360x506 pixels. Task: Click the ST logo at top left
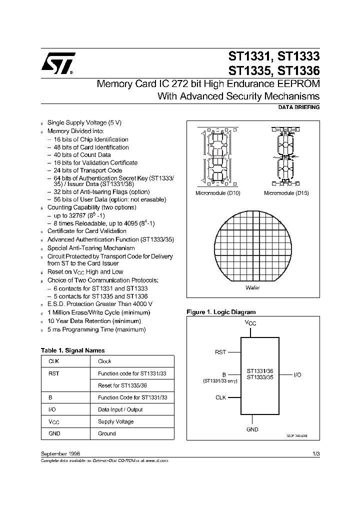point(58,63)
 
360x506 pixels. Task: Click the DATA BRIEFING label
point(298,107)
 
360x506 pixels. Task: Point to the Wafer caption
point(252,288)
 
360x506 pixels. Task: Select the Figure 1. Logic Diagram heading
point(221,312)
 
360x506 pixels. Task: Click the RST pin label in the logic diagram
point(220,352)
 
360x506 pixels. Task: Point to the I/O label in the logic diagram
point(296,374)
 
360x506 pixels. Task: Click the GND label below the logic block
point(252,429)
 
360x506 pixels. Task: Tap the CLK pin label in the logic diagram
point(220,397)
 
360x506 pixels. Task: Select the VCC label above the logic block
point(251,323)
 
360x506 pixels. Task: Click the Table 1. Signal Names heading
point(72,350)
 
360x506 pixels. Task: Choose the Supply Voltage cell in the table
point(116,421)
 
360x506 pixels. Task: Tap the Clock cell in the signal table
point(104,361)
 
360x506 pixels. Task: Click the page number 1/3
point(316,452)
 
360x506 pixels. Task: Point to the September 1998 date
point(60,452)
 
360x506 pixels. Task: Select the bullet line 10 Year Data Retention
point(94,321)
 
